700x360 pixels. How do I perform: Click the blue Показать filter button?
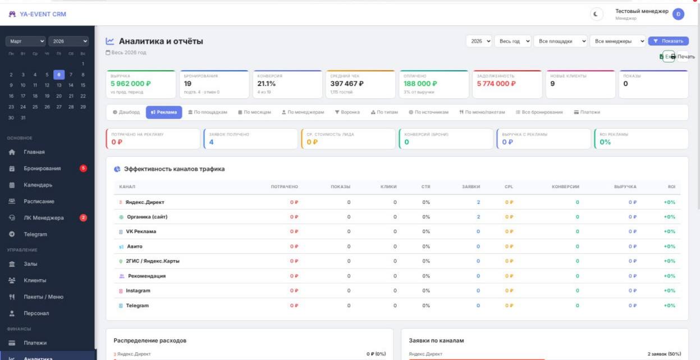pos(668,41)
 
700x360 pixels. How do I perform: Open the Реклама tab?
pos(164,112)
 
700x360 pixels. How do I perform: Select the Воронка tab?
pos(347,112)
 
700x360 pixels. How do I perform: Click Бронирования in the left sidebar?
pos(42,168)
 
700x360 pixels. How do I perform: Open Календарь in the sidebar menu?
pos(38,185)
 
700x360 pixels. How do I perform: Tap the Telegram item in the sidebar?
pos(35,234)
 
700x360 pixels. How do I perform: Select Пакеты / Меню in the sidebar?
pos(43,297)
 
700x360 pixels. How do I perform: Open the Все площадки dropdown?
pos(561,41)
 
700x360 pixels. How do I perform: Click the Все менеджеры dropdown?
pos(619,41)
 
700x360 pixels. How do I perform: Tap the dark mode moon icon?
pos(596,14)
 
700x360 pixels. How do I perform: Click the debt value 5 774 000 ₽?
pos(496,84)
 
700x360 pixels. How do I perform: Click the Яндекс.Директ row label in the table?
pos(145,202)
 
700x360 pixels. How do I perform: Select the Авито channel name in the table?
pos(134,246)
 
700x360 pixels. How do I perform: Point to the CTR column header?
pos(426,186)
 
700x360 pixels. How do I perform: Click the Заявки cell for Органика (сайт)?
pos(478,217)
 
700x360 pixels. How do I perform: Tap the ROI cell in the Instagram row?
pos(669,290)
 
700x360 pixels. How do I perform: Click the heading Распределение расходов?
pos(150,340)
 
